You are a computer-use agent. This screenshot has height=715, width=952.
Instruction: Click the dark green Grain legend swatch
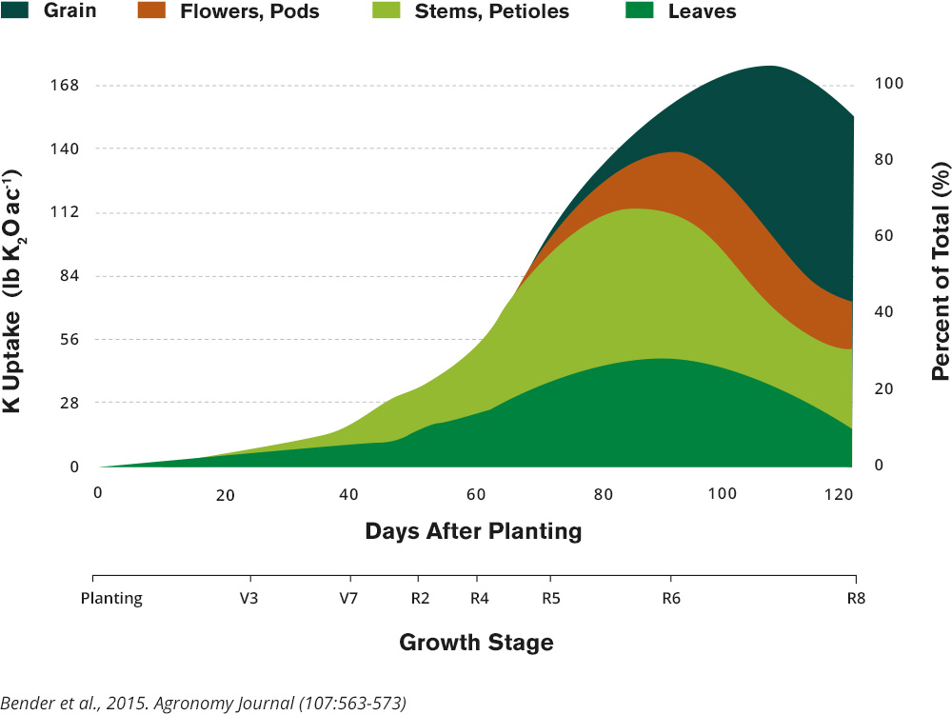point(16,11)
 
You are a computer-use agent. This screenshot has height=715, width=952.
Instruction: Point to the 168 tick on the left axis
point(64,85)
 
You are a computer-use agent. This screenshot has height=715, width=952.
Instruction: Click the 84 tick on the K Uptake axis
point(68,276)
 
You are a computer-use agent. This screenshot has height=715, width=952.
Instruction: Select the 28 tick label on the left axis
point(68,403)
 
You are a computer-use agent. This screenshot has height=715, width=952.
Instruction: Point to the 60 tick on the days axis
point(474,494)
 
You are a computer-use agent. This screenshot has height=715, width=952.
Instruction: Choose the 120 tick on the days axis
point(839,494)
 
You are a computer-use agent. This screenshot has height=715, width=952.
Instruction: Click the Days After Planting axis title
point(473,531)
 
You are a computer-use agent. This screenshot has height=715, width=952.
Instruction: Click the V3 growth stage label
point(250,599)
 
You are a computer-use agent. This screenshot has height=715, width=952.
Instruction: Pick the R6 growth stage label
point(671,599)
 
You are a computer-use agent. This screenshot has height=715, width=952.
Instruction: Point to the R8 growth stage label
point(855,599)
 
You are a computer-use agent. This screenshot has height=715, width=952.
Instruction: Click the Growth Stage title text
point(476,643)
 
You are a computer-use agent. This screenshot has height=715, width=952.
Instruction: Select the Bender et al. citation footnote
point(204,704)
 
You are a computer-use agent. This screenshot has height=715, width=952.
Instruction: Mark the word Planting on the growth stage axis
point(111,599)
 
